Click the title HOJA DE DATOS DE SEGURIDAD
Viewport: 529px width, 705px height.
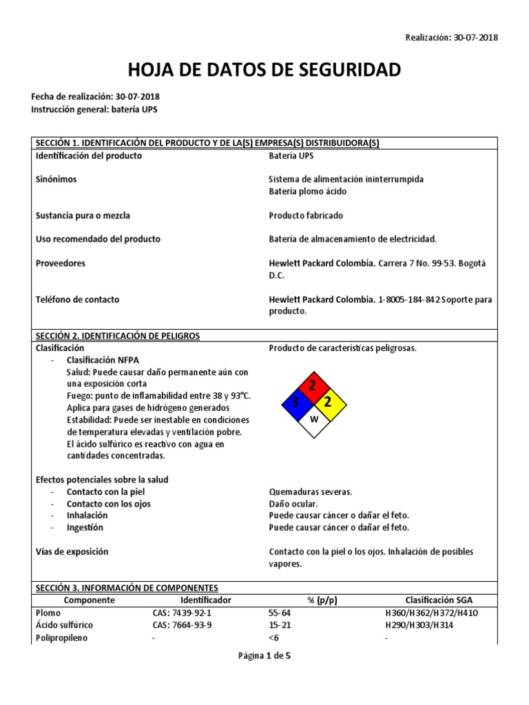(264, 70)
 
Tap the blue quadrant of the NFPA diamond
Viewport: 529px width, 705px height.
(295, 402)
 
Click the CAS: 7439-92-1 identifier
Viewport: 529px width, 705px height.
(182, 613)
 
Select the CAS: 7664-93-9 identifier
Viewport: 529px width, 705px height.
(182, 625)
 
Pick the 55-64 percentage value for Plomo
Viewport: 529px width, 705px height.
(280, 613)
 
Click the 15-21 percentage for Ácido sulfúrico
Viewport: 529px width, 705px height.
(280, 625)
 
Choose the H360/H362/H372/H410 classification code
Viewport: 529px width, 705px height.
(431, 613)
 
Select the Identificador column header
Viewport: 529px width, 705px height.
(206, 600)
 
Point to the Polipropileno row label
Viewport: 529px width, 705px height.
(61, 638)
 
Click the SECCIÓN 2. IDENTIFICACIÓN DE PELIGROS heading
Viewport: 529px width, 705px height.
(117, 336)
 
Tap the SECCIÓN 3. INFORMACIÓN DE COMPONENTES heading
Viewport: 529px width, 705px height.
(127, 588)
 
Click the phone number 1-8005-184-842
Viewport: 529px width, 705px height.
(410, 299)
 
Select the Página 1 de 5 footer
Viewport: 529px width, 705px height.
(264, 656)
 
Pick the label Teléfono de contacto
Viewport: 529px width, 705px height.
(77, 299)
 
